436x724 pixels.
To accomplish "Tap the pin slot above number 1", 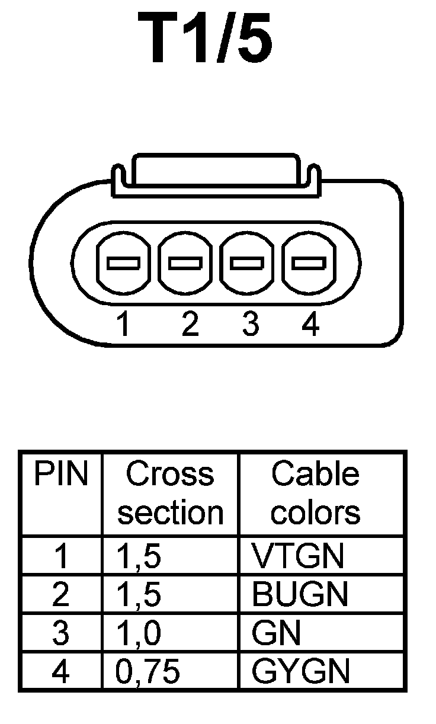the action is [x=123, y=263].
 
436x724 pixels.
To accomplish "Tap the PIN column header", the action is [x=60, y=475].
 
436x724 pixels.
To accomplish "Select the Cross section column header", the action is [x=170, y=493].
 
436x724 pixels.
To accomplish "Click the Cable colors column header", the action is [x=315, y=493].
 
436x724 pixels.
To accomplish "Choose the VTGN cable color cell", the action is [x=297, y=556].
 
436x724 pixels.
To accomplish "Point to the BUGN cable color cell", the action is [x=300, y=595].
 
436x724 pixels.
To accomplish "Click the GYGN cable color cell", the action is [x=301, y=672].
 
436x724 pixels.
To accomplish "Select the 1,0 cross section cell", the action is [x=139, y=633].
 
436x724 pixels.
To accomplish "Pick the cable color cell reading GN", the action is [x=276, y=633].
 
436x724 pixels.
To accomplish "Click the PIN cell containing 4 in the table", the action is [x=60, y=672].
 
